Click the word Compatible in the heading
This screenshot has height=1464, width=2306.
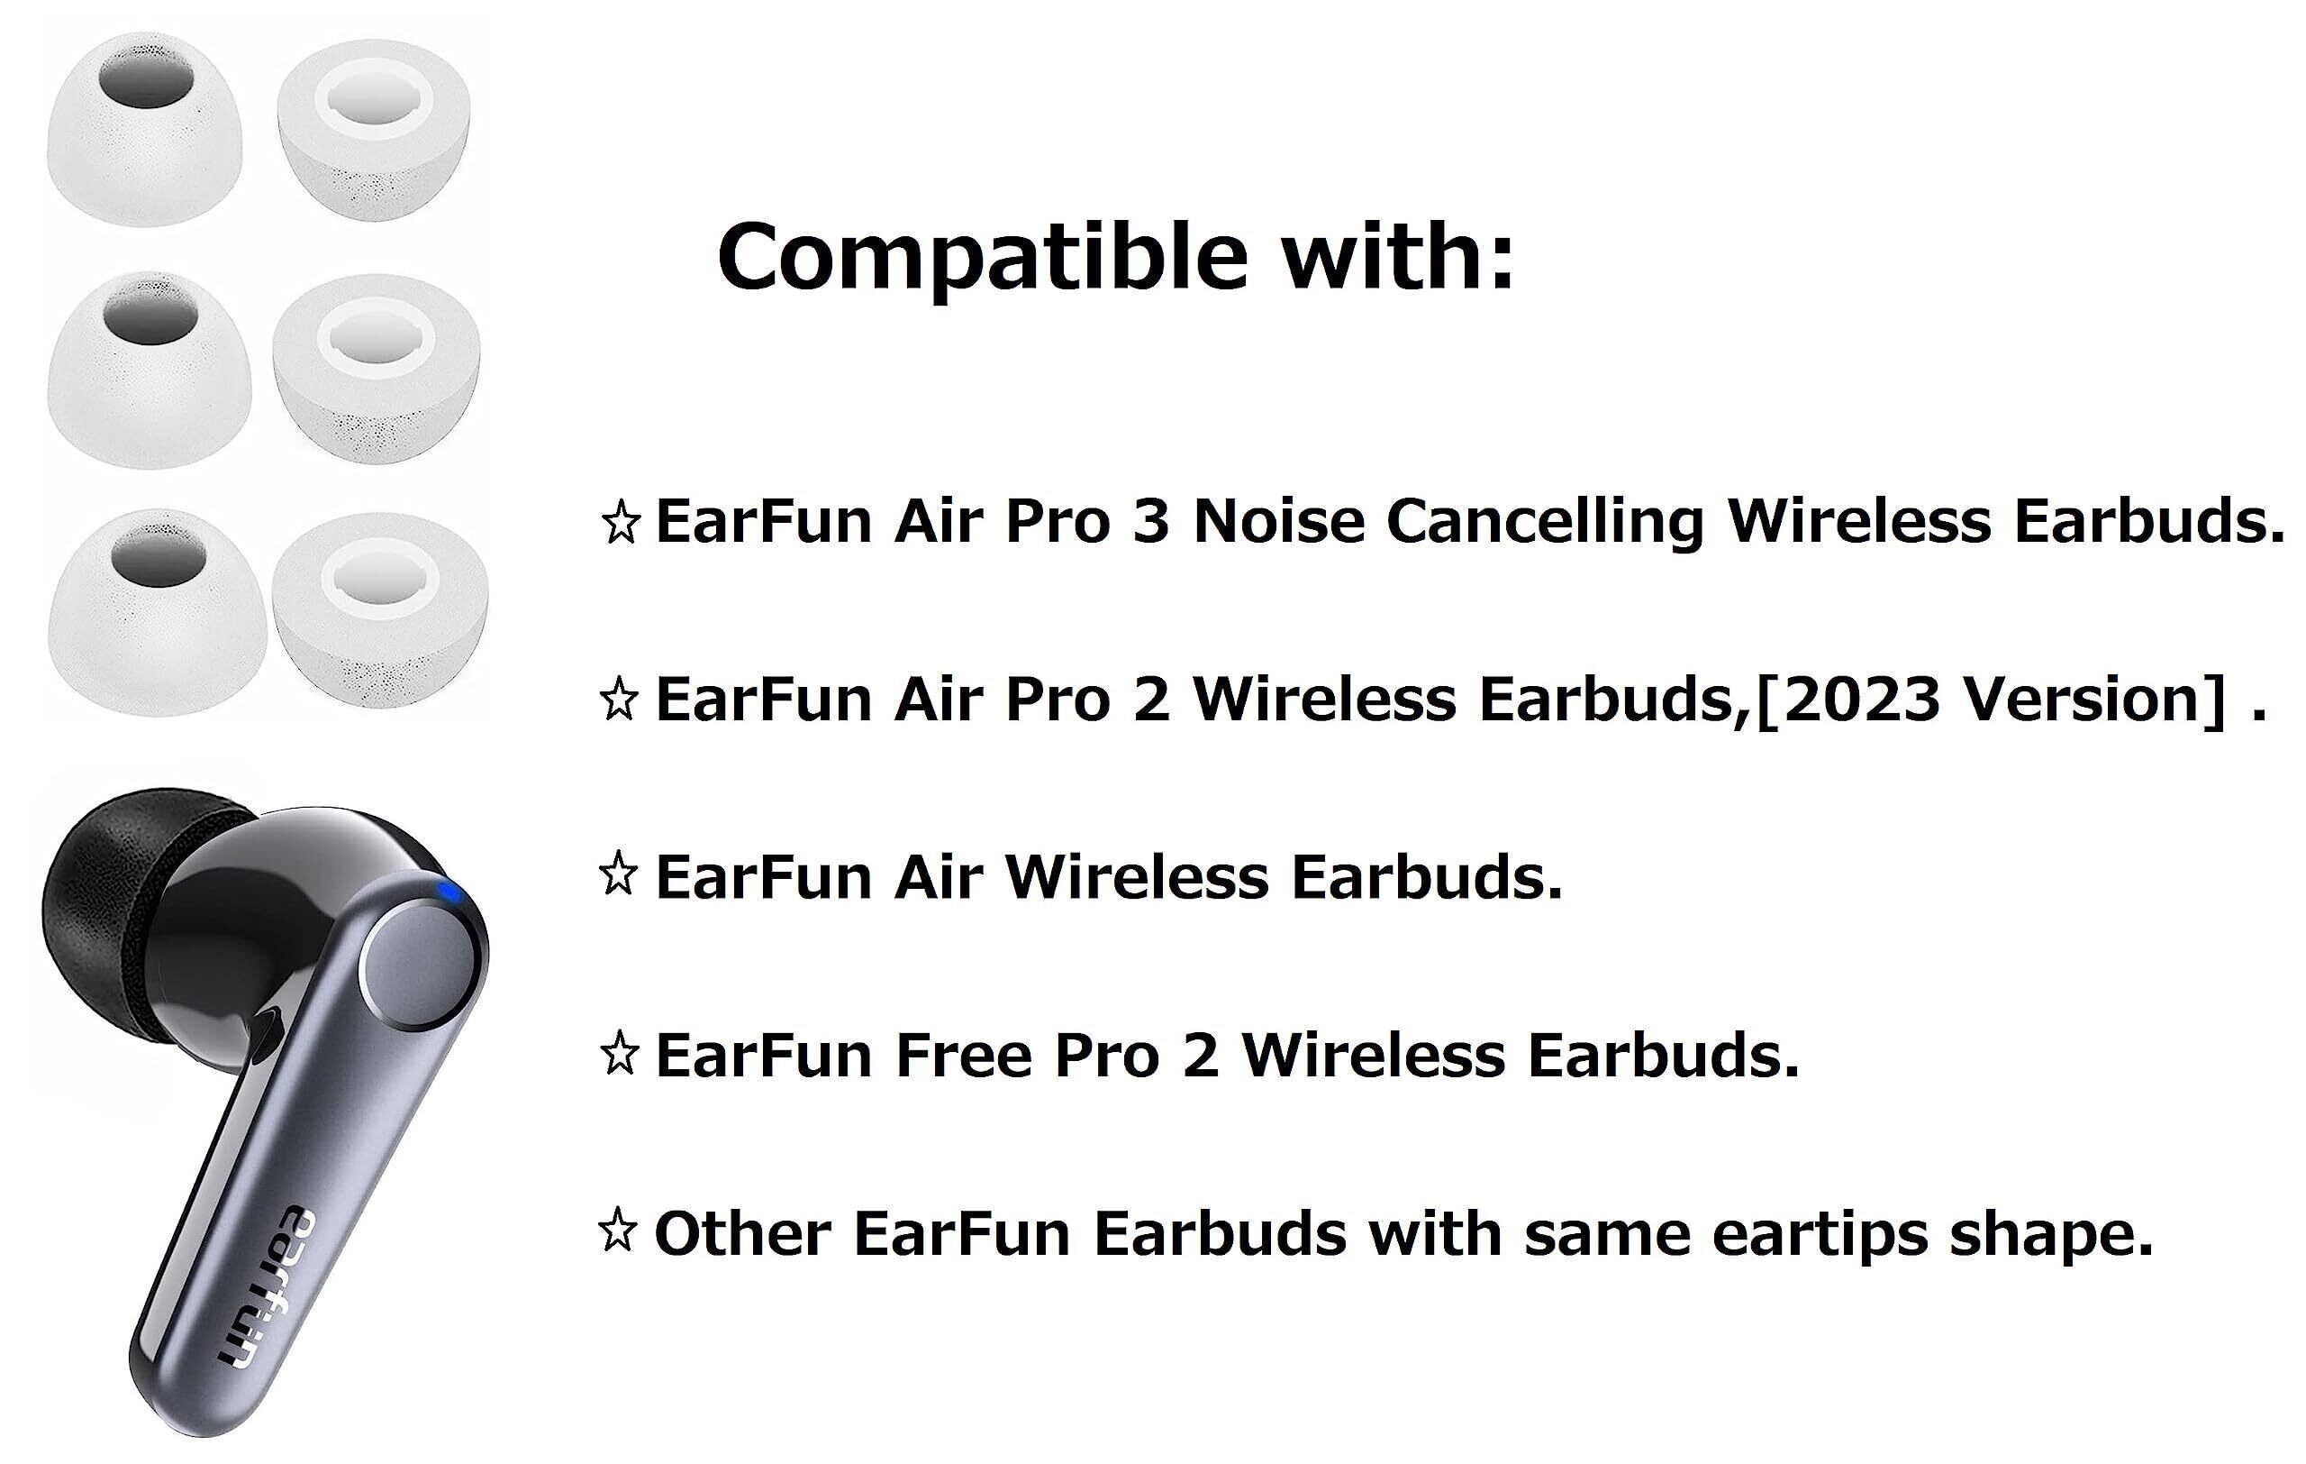(x=982, y=257)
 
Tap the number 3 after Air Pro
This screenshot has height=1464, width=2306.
(x=1150, y=522)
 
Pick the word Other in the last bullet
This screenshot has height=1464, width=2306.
(x=742, y=1233)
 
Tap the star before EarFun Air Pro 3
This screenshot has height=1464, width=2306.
(x=621, y=522)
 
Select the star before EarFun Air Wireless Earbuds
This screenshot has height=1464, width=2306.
(x=619, y=874)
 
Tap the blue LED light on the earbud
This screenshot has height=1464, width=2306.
(x=450, y=894)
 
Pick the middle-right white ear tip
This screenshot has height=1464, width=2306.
(x=377, y=369)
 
